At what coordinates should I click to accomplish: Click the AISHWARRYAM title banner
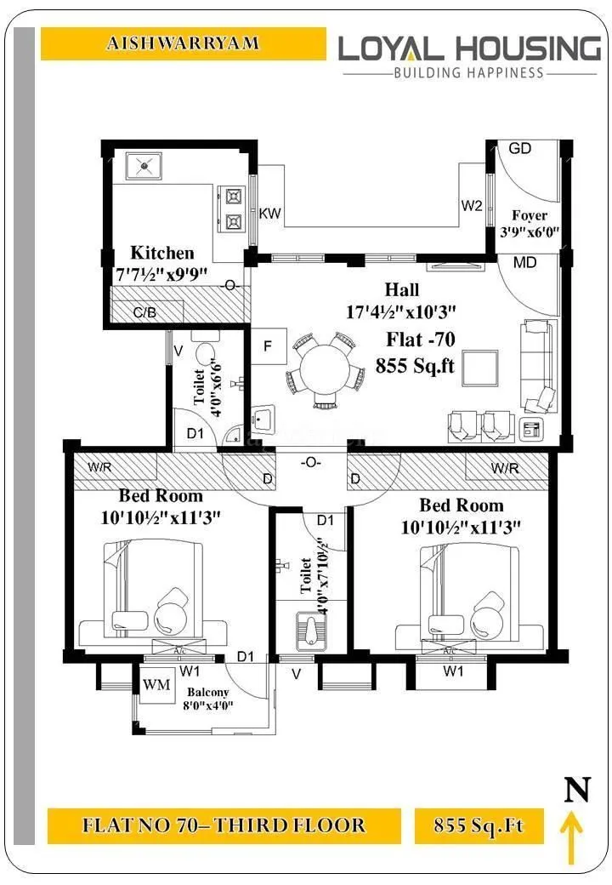tap(183, 43)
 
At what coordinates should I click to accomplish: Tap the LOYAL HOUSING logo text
tap(469, 48)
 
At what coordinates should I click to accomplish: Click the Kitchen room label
tap(161, 253)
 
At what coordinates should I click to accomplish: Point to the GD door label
tap(519, 148)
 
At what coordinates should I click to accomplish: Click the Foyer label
tap(529, 215)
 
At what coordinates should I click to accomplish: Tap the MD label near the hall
tap(524, 263)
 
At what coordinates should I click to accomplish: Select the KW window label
tap(270, 213)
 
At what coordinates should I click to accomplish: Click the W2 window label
tap(472, 206)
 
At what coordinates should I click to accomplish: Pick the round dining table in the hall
tap(320, 368)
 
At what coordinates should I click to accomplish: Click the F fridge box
tap(268, 346)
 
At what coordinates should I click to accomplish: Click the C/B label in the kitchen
tap(145, 312)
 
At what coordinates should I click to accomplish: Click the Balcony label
tap(209, 693)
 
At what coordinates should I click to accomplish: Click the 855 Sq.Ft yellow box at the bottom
tap(479, 825)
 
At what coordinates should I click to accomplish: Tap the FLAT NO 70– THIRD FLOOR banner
tap(224, 825)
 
